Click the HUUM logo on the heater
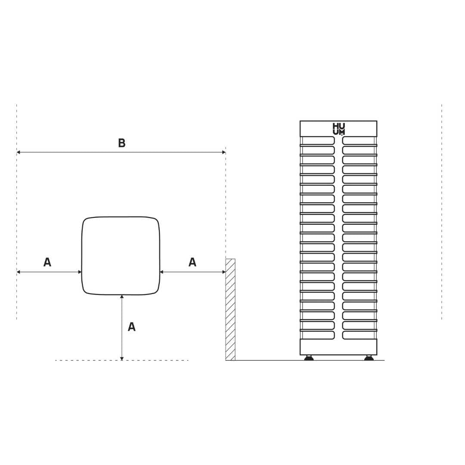[x=338, y=129]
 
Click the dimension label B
[x=122, y=143]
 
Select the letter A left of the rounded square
[x=47, y=262]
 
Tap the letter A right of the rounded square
[x=192, y=262]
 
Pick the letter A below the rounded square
[x=132, y=327]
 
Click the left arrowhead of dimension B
[x=19, y=152]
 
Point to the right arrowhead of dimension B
[x=223, y=152]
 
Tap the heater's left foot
[x=309, y=358]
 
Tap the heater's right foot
[x=369, y=358]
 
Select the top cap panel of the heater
[x=338, y=129]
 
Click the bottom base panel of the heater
[x=338, y=347]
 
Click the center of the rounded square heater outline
[x=121, y=256]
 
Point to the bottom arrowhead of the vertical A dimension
[x=122, y=358]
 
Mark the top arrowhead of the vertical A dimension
[x=122, y=297]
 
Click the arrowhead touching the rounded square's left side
[x=80, y=272]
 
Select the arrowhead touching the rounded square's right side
[x=162, y=272]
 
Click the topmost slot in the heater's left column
[x=318, y=140]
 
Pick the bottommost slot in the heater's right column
[x=359, y=335]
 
